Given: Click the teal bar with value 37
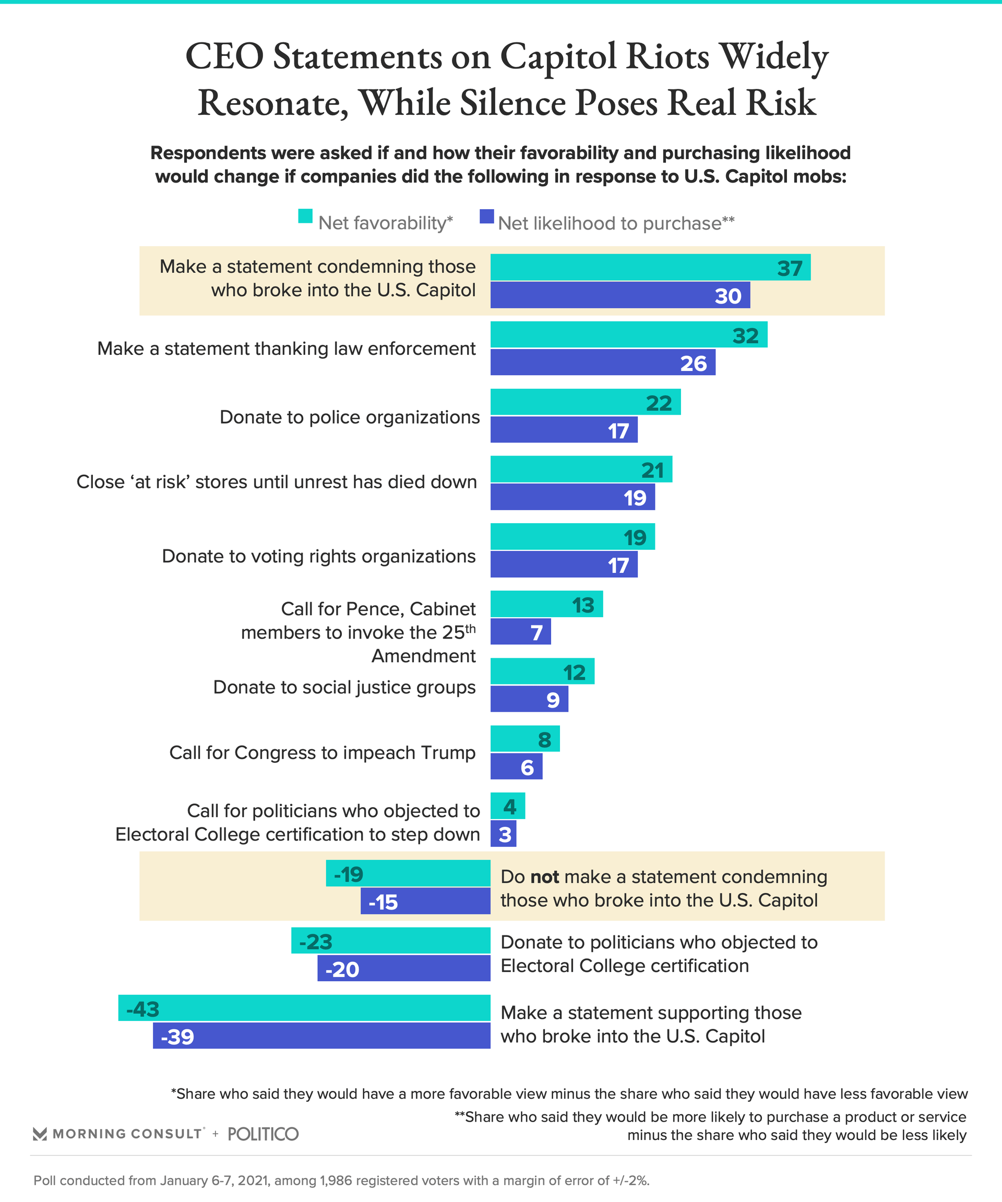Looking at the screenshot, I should pos(650,267).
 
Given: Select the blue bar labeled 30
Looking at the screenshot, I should pos(619,295).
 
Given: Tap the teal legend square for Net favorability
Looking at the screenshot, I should pos(305,217).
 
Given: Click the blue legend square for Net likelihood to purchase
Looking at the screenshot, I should pos(487,217).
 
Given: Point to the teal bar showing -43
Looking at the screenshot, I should pos(304,1008).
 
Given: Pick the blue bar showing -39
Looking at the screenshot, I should pos(321,1036).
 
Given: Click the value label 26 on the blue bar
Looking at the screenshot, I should pos(694,364).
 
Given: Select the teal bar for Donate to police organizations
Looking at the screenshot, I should pos(585,402).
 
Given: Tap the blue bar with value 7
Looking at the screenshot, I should pos(520,632).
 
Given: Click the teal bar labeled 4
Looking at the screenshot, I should pos(507,806).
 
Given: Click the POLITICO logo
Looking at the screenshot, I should pos(264,1134).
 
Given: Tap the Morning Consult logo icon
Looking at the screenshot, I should pos(40,1134).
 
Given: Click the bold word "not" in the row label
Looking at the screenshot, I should pos(544,877).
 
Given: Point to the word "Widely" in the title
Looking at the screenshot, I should pos(773,57).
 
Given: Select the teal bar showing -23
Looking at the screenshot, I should pos(390,941).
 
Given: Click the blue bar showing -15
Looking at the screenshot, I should pos(425,901).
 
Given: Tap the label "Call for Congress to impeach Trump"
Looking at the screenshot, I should pos(323,753).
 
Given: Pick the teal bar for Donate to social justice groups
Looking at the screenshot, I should pos(542,671).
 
